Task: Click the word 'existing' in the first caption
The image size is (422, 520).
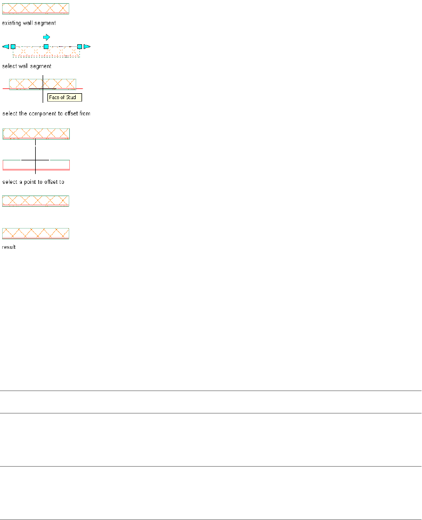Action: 11,23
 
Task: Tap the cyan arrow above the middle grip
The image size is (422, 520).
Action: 46,37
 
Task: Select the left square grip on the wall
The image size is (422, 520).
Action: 13,47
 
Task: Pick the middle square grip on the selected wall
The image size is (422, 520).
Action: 46,47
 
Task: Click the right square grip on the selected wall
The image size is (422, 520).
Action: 79,47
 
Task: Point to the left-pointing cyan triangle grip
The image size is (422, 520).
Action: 5,47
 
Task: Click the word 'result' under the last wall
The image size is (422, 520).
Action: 9,247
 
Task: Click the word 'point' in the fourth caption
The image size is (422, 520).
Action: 27,182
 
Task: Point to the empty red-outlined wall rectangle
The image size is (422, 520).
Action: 36,165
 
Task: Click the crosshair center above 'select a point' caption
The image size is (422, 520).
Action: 35,160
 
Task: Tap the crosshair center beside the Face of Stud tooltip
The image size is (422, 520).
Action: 43,88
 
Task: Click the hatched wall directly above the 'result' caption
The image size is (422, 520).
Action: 36,233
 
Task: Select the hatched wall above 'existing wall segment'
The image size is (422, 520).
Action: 36,9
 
